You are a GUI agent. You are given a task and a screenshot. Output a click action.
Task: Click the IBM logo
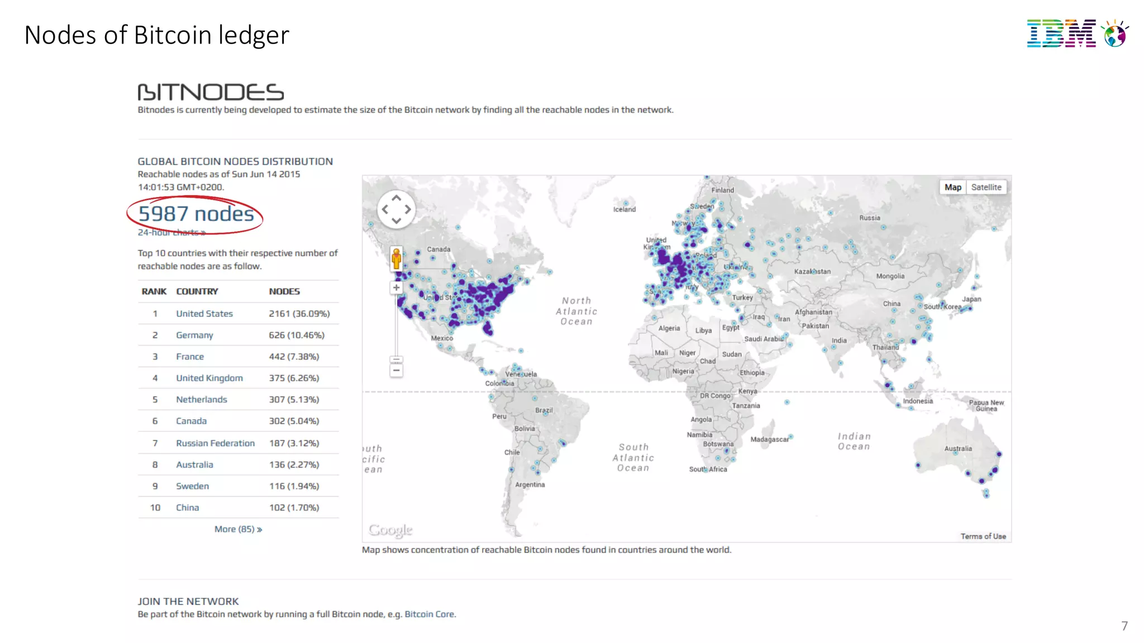coord(1077,33)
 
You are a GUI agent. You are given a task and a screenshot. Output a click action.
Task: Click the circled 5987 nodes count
coord(196,214)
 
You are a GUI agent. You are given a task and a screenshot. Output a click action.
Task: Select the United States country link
coord(204,314)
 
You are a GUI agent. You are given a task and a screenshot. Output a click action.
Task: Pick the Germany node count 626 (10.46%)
coord(297,335)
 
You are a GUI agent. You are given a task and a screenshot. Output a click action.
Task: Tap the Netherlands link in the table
coord(202,400)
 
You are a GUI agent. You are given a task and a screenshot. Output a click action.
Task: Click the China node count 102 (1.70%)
coord(294,507)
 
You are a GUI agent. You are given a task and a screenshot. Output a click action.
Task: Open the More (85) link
coord(238,529)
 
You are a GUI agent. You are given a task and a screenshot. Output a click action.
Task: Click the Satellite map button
coord(986,188)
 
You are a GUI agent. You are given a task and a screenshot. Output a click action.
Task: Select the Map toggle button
coord(953,188)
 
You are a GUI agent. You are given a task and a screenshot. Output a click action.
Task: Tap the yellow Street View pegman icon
coord(396,259)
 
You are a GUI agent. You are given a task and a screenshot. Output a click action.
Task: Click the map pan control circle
coord(396,209)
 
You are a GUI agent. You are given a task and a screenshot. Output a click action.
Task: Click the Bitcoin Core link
coord(430,614)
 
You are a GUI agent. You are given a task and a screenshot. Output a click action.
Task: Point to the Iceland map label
coord(625,209)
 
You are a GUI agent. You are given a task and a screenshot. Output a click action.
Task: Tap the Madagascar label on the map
coord(769,439)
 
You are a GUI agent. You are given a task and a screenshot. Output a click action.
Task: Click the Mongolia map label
coord(890,276)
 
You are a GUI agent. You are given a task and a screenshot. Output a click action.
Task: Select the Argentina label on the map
coord(530,484)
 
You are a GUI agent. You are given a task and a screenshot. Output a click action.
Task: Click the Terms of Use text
coord(983,536)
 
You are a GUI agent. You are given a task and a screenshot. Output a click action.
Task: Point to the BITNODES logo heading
coord(211,92)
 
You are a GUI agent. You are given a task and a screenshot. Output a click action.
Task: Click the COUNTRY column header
coord(197,291)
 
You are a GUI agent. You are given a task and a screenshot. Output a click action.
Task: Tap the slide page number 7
coord(1124,626)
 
